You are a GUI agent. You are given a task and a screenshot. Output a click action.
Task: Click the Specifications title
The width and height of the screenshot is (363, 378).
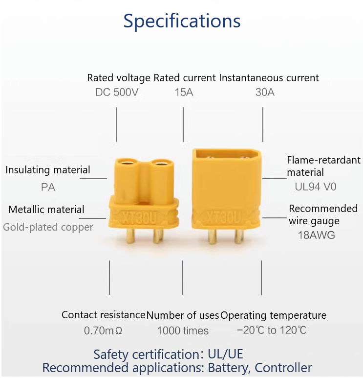pyautogui.click(x=182, y=21)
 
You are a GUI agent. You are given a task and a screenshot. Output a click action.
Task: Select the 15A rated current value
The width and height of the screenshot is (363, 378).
pyautogui.click(x=184, y=92)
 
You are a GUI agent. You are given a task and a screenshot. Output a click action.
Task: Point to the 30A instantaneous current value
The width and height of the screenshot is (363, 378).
pyautogui.click(x=265, y=92)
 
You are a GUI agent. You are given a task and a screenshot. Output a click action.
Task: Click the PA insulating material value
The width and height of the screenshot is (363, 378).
pyautogui.click(x=48, y=187)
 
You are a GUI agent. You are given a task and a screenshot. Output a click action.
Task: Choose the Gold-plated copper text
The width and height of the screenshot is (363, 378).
pyautogui.click(x=48, y=227)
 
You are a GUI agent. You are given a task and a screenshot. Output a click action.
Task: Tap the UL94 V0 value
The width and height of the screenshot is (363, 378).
pyautogui.click(x=316, y=187)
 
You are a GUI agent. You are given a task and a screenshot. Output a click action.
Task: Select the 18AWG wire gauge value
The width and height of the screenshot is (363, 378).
pyautogui.click(x=317, y=235)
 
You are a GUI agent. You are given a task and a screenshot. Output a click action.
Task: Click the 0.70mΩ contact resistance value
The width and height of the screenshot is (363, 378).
pyautogui.click(x=103, y=331)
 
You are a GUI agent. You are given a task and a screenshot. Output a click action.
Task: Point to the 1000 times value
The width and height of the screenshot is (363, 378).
pyautogui.click(x=183, y=331)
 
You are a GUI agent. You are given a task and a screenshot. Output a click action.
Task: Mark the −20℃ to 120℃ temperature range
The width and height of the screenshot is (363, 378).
pyautogui.click(x=272, y=331)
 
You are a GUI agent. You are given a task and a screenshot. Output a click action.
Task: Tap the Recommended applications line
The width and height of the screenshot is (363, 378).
pyautogui.click(x=177, y=368)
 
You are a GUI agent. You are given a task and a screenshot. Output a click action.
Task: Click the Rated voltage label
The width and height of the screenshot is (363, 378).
pyautogui.click(x=119, y=78)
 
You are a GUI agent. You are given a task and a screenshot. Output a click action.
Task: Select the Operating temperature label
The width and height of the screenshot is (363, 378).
pyautogui.click(x=274, y=315)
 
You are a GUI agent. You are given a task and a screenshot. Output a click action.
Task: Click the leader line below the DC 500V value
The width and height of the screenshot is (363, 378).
pyautogui.click(x=117, y=124)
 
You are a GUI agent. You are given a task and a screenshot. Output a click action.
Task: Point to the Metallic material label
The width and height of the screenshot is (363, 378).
pyautogui.click(x=46, y=210)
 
